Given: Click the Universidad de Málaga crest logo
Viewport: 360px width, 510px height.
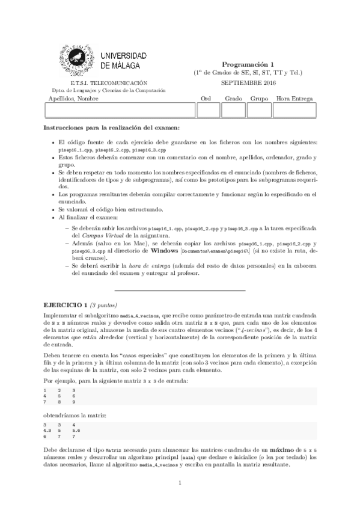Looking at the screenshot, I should tap(75, 58).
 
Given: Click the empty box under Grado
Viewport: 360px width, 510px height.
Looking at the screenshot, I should tap(234, 111).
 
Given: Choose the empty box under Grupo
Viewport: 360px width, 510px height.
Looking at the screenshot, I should tap(259, 111).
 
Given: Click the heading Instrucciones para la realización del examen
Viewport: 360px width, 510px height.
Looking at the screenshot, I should tap(112, 127).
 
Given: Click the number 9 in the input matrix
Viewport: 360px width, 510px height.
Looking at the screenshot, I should tap(73, 402).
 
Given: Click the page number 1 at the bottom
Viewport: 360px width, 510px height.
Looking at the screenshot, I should tap(180, 483).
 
